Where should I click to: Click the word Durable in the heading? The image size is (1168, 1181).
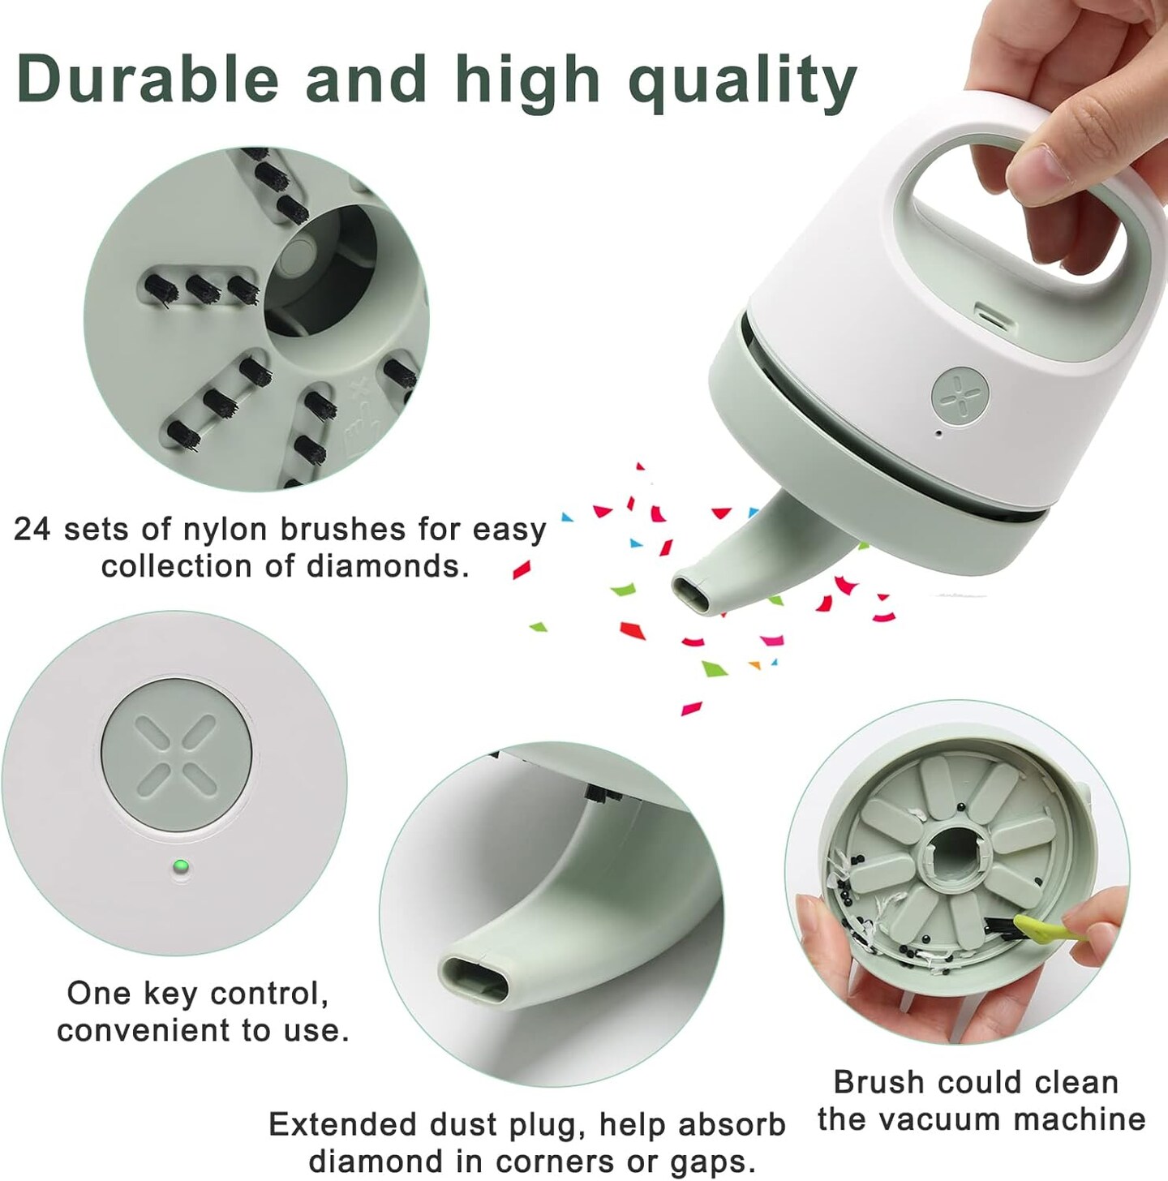pyautogui.click(x=148, y=79)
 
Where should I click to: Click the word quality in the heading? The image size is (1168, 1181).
pyautogui.click(x=742, y=84)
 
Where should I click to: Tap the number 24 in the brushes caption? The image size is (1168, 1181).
pyautogui.click(x=32, y=529)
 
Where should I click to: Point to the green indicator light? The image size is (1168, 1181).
pyautogui.click(x=181, y=867)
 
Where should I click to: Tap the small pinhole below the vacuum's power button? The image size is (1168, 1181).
pyautogui.click(x=938, y=434)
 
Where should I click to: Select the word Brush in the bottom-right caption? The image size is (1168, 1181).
pyautogui.click(x=880, y=1082)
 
